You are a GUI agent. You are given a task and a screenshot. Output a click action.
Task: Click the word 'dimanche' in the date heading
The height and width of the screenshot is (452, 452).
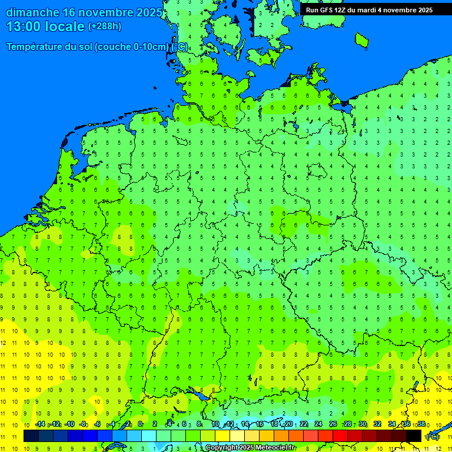tap(32, 12)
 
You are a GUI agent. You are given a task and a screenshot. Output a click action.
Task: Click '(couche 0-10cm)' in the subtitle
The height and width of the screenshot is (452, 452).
tap(131, 47)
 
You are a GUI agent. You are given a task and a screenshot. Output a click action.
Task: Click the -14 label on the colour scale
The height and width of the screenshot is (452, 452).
tap(40, 424)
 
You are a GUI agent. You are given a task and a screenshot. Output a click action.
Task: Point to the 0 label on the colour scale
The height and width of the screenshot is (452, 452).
tap(140, 424)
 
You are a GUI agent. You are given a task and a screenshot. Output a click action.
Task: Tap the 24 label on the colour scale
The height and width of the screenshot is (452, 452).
tap(318, 424)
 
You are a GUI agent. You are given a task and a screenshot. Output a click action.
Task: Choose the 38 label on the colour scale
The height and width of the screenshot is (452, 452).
tap(421, 424)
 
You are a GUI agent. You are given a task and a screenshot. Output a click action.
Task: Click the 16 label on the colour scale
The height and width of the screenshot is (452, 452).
tap(259, 424)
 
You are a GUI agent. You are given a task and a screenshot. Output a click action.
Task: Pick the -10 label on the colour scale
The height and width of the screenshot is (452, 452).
tap(69, 424)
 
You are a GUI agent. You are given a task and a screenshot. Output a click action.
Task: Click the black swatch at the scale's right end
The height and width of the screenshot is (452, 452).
tap(414, 436)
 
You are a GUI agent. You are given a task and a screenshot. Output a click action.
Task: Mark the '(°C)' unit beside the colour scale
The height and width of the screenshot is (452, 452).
tap(433, 437)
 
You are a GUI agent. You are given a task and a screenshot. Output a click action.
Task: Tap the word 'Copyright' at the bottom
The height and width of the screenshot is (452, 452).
tap(222, 448)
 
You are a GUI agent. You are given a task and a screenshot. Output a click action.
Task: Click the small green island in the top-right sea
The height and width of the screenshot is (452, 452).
tap(361, 39)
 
